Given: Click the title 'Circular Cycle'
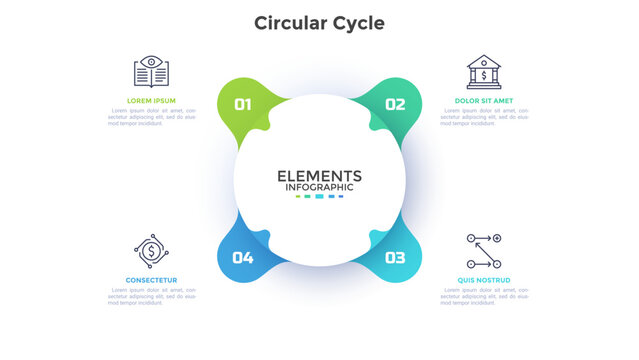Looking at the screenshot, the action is coord(319,22).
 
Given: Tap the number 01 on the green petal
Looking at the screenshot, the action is coord(243,103).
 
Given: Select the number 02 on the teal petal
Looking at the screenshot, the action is coord(395,103).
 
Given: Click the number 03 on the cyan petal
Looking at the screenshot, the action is coord(395,257).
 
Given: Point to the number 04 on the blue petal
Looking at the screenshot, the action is coord(243,257).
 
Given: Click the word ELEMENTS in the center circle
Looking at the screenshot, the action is coord(319,175).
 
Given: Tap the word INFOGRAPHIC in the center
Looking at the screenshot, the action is coord(319,187).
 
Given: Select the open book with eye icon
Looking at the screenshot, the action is coord(151,71).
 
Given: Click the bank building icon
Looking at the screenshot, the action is coord(484,71).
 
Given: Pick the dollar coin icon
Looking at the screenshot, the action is coord(151,250).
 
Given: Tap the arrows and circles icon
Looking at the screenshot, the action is coord(484,250).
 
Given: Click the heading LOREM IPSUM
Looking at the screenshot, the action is coord(151,101).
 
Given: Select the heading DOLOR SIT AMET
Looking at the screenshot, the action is coord(483,101).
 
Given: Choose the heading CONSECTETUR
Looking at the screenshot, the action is coord(151,279).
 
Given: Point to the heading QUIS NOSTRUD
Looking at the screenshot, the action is coord(483,279).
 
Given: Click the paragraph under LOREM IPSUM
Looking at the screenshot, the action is coord(151,118).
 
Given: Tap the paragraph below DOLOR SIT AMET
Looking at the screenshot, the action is coord(483,118).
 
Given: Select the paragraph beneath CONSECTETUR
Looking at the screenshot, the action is coord(151,297).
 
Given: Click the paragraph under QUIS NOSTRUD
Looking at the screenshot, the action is coord(483,297).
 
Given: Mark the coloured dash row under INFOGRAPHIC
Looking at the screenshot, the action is coord(319,197).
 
